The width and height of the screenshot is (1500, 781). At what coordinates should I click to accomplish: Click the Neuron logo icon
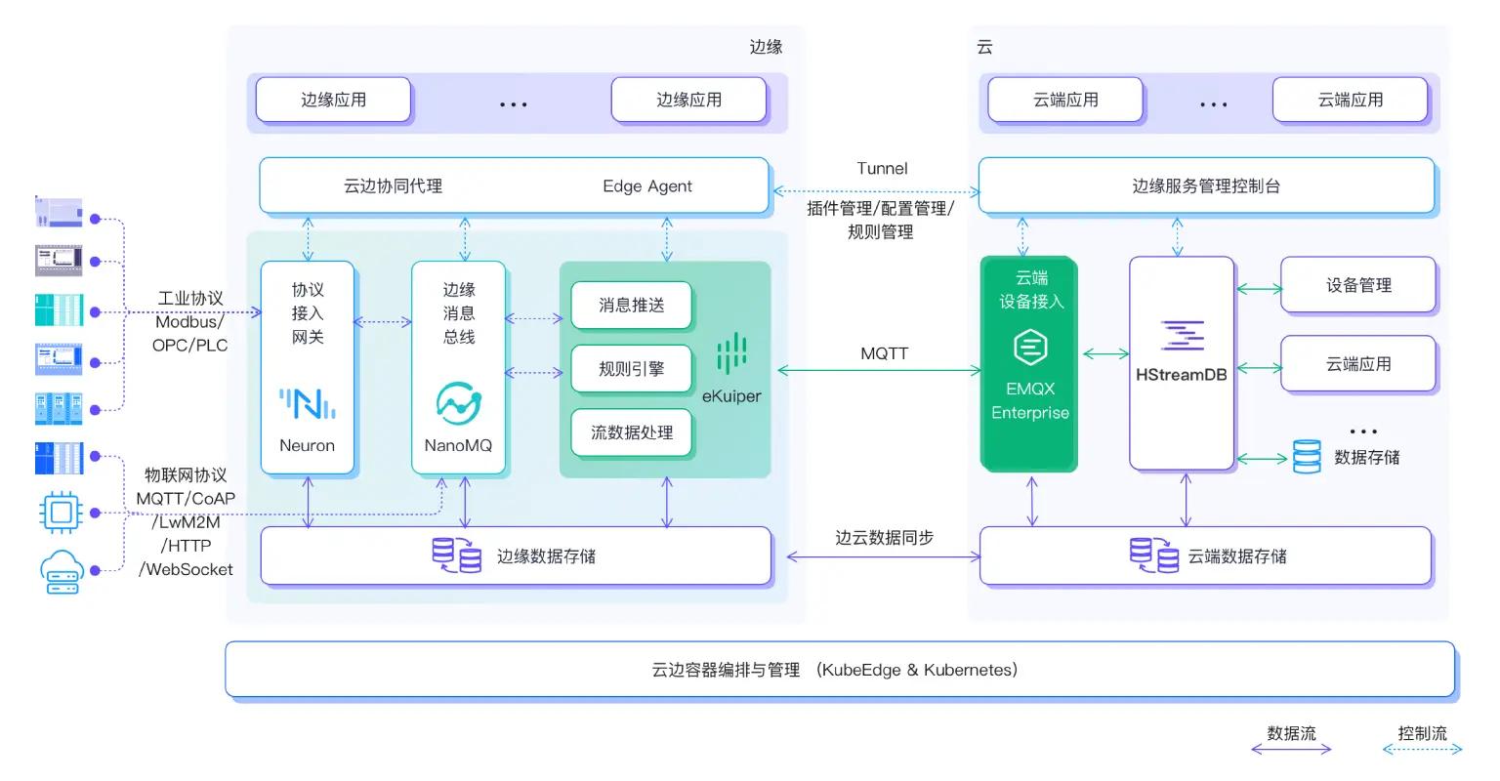click(x=308, y=403)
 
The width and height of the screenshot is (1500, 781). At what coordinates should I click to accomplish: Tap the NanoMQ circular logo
click(x=458, y=403)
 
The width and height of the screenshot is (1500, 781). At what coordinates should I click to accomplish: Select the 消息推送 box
click(x=631, y=306)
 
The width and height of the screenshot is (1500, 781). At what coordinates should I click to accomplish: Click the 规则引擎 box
click(x=631, y=369)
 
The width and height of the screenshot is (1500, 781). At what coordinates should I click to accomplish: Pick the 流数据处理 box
click(x=631, y=432)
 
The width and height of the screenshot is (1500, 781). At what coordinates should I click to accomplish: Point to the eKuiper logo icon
click(x=731, y=353)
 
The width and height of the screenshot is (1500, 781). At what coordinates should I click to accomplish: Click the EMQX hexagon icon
click(x=1030, y=347)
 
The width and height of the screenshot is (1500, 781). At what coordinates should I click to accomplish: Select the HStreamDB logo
click(x=1182, y=336)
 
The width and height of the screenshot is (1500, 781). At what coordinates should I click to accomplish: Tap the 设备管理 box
click(x=1357, y=285)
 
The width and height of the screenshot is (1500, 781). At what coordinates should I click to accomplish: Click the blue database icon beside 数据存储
click(x=1307, y=457)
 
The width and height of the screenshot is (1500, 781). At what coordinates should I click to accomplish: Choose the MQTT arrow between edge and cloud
click(x=879, y=371)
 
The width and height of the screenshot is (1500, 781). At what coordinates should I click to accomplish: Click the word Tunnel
click(x=882, y=169)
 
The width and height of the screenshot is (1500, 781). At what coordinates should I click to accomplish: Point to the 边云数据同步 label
click(x=884, y=538)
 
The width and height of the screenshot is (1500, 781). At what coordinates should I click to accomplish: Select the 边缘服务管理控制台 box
click(x=1206, y=185)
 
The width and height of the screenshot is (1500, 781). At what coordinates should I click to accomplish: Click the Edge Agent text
click(x=646, y=186)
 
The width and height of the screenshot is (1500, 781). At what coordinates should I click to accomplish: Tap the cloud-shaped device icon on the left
click(x=61, y=571)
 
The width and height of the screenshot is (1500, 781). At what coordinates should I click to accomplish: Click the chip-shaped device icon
click(x=61, y=512)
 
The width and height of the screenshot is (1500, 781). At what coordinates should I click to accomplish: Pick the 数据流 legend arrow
click(x=1291, y=750)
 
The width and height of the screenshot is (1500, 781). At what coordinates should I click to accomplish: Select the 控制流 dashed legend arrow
click(x=1422, y=750)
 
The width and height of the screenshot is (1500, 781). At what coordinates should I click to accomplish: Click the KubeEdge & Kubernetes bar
click(x=840, y=670)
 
